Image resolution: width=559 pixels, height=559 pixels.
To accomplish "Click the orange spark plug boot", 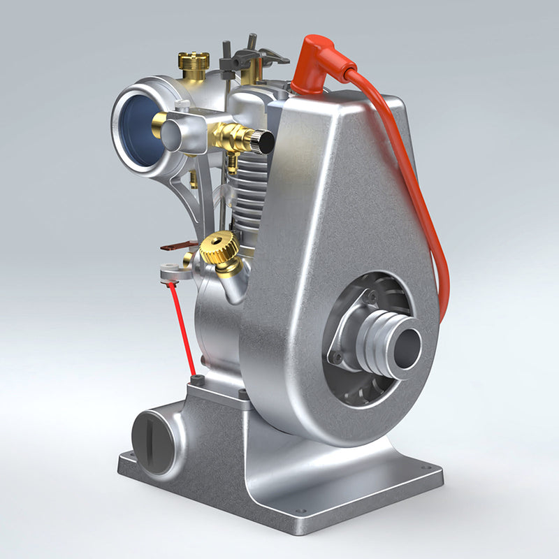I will point(316,66).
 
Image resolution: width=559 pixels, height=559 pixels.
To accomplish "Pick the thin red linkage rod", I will point(184,328).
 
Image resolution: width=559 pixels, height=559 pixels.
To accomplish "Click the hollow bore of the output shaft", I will point(408,345).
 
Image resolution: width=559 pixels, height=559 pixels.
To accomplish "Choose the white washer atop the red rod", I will point(168,273).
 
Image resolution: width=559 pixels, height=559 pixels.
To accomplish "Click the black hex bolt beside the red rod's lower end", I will point(198,380).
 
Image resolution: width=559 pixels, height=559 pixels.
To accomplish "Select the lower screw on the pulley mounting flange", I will point(338,358).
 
